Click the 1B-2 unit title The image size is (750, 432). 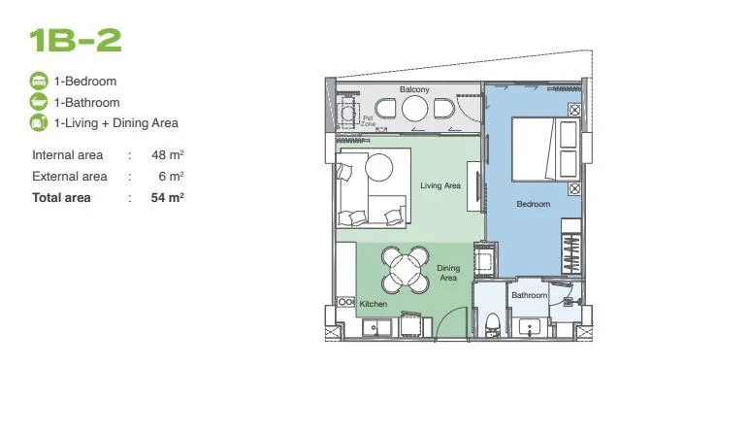(x=76, y=40)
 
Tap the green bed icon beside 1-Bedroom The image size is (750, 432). (x=39, y=81)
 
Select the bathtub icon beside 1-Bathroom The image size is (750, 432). (x=39, y=102)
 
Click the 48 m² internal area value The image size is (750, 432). (x=168, y=155)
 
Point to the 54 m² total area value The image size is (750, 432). (x=168, y=198)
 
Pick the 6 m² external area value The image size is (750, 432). (x=171, y=177)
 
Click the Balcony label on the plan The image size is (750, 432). (x=414, y=89)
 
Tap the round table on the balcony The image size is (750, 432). (x=414, y=109)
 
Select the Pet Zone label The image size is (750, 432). (x=368, y=120)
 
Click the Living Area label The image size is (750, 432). (x=440, y=185)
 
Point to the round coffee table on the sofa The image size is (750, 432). (x=378, y=167)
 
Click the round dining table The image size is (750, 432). (x=406, y=269)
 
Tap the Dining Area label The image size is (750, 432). (x=448, y=273)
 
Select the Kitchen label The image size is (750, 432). (x=374, y=304)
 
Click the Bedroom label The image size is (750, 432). (x=534, y=204)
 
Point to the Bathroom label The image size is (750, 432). (x=529, y=295)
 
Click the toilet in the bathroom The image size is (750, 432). (x=492, y=325)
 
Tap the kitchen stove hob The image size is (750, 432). (x=345, y=302)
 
